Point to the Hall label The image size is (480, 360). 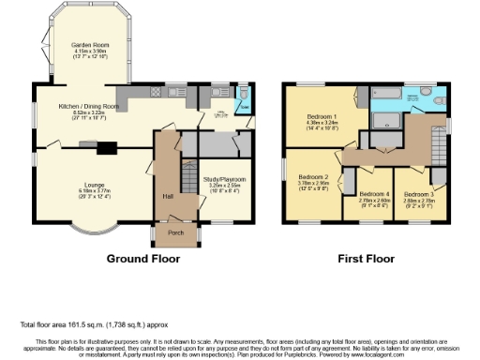click(x=168, y=196)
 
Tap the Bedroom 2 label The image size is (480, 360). click(x=312, y=177)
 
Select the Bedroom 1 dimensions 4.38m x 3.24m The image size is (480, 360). click(x=322, y=123)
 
